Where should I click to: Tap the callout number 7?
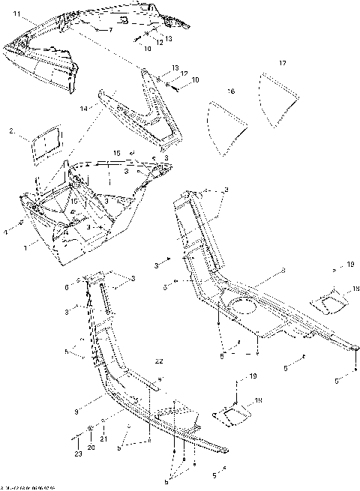[x=110, y=30]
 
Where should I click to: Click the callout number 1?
[x=26, y=246]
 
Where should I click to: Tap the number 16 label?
[x=231, y=91]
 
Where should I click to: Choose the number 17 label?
[x=282, y=62]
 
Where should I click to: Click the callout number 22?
[x=159, y=361]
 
